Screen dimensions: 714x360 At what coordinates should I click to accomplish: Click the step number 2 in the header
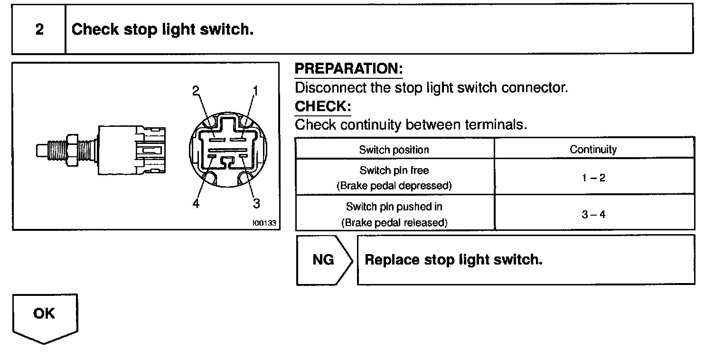tap(39, 29)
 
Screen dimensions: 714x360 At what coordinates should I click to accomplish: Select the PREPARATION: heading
tap(348, 69)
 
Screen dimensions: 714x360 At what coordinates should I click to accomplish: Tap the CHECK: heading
tap(322, 106)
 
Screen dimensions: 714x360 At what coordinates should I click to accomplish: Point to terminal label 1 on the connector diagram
tap(255, 90)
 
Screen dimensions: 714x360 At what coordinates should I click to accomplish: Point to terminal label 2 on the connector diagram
tap(196, 90)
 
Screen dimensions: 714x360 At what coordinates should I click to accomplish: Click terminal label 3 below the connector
tap(256, 203)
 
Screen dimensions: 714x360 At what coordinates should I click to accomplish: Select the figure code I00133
tap(264, 223)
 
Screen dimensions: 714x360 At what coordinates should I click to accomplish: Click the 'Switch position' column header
tap(394, 150)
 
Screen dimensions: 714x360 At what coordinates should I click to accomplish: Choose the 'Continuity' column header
tap(593, 150)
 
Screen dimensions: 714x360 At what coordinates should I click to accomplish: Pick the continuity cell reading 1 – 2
tap(593, 178)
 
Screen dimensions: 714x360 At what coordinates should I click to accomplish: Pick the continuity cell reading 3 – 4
tap(593, 214)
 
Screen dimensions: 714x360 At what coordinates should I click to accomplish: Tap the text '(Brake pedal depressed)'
tap(394, 186)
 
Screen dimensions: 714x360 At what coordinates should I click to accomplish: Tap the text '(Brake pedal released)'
tap(394, 222)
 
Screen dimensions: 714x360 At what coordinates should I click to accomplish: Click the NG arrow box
tap(324, 260)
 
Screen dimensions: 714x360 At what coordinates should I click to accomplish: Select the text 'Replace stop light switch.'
tap(453, 260)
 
